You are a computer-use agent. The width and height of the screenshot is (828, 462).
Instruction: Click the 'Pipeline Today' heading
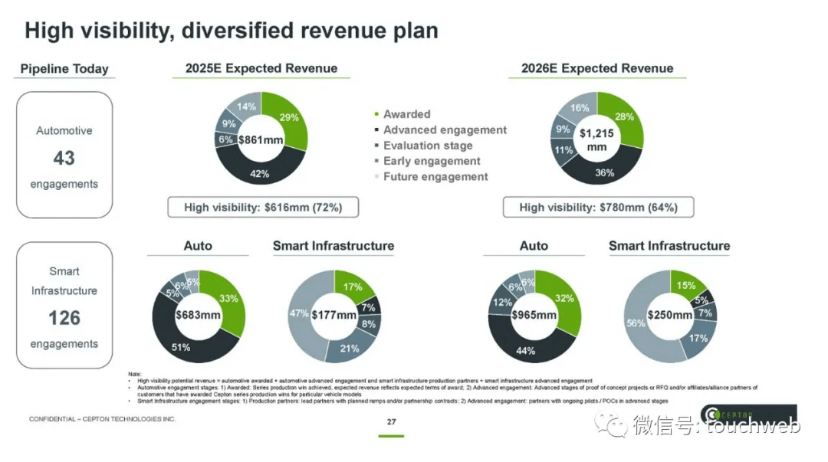64,69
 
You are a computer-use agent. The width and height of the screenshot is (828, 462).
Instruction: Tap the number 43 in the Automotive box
64,158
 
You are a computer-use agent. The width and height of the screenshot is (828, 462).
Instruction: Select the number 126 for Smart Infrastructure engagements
64,317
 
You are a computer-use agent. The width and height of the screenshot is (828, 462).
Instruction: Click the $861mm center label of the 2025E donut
261,140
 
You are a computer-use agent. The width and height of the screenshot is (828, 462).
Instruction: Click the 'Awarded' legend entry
406,114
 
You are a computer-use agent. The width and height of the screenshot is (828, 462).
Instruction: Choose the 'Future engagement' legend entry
435,176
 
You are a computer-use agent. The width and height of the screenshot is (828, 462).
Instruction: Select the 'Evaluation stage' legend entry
427,146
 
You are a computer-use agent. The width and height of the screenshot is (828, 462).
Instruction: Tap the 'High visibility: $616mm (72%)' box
263,208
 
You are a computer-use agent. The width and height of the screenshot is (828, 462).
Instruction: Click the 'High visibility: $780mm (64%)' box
597,208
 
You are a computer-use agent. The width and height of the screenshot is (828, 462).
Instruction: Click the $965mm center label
534,315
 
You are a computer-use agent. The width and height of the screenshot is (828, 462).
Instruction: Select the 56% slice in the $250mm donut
636,323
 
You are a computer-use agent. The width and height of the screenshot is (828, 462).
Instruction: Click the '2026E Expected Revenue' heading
597,68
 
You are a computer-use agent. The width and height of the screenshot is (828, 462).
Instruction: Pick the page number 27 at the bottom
391,422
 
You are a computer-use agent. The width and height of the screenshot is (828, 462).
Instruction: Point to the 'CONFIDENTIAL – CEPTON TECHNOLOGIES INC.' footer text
102,420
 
